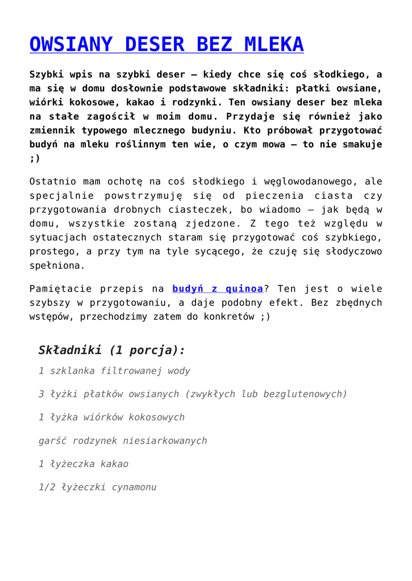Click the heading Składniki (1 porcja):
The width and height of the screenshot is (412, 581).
[x=111, y=350]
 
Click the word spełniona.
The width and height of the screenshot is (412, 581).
[x=57, y=265]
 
